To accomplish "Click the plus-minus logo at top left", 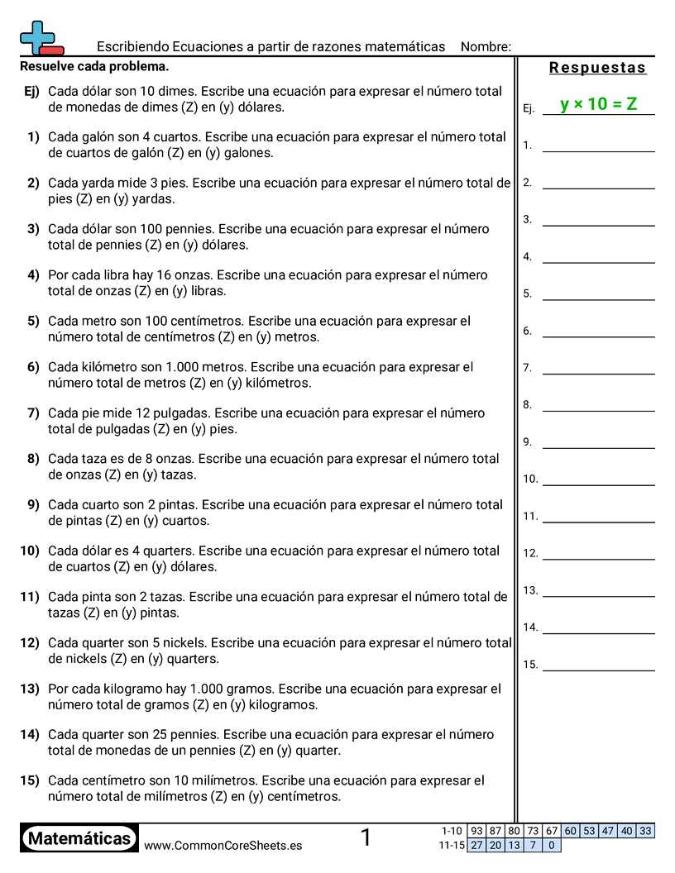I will pos(40,39).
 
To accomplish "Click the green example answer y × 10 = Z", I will pos(598,104).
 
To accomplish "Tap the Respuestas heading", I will pos(597,68).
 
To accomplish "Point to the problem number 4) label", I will pos(33,275).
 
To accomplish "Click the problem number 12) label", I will pos(30,643).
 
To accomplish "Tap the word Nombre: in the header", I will pos(486,46).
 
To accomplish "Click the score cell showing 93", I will pos(476,831).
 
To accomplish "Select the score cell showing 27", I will pos(476,845).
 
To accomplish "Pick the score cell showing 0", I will pos(552,845).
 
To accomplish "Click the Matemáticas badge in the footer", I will pos(79,839).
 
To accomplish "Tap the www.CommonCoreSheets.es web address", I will pos(223,846).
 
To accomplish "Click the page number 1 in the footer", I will pos(366,838).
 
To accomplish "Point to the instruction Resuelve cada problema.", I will pos(94,66).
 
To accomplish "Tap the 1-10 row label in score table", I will pos(452,831).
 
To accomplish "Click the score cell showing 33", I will pos(645,831).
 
